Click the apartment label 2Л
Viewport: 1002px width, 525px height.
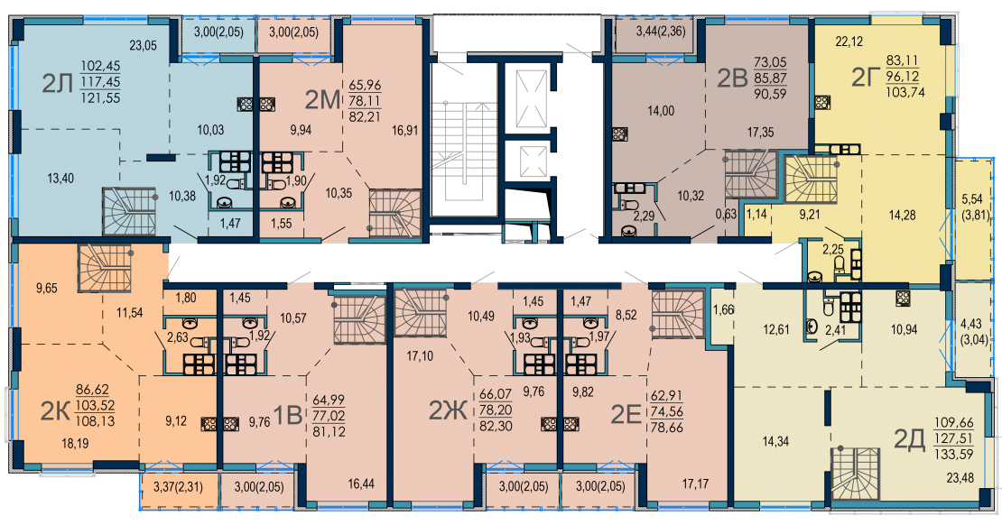click(58, 83)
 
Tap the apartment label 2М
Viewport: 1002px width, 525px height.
click(322, 100)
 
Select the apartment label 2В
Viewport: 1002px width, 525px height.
click(732, 78)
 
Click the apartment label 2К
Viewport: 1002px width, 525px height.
click(54, 412)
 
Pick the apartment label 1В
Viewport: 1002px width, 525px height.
click(287, 416)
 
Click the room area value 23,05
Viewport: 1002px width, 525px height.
click(144, 45)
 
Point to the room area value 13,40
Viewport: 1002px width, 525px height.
click(60, 179)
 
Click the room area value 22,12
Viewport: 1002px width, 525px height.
click(849, 42)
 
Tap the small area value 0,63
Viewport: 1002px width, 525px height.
click(726, 215)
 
